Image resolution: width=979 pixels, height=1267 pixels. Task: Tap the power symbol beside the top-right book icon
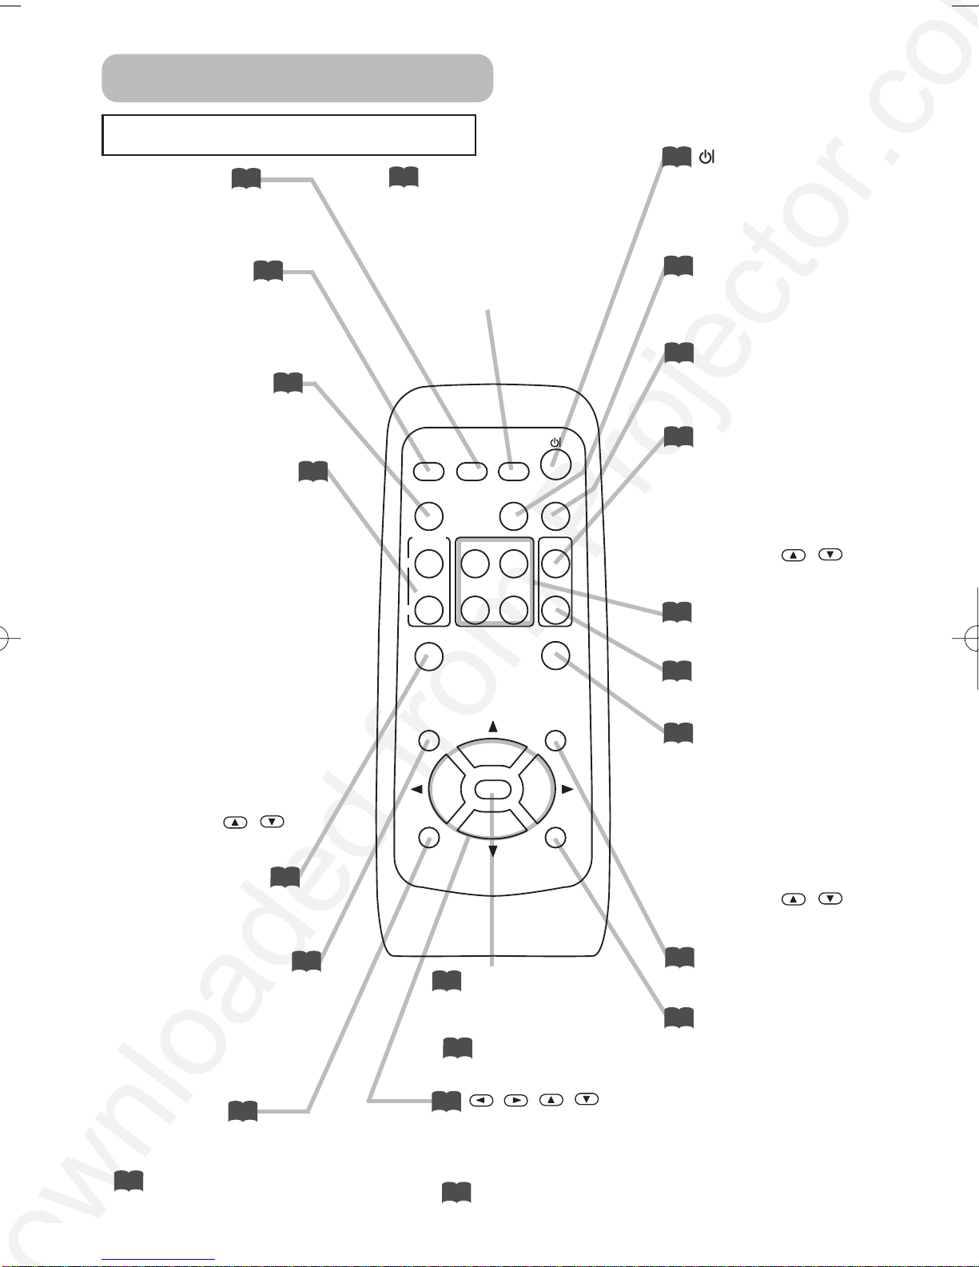(x=706, y=157)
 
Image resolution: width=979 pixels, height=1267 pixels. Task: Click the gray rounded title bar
(x=297, y=78)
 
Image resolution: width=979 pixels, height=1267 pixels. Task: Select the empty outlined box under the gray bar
(x=289, y=135)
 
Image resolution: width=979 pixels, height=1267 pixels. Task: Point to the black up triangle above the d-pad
(x=493, y=727)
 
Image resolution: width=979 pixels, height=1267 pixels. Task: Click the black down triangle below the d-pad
(x=492, y=852)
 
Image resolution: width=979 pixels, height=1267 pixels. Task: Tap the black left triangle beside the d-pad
(x=416, y=790)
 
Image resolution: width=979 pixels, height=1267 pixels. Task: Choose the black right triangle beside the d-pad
(x=567, y=790)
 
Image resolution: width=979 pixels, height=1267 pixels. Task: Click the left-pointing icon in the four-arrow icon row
(x=481, y=1101)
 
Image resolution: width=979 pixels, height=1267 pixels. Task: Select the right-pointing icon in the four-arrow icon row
(x=516, y=1101)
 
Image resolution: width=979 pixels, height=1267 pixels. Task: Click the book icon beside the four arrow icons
(x=446, y=1102)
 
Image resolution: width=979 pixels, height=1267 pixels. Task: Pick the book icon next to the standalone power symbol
(x=676, y=157)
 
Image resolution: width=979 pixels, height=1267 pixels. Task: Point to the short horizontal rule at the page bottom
(x=158, y=1260)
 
